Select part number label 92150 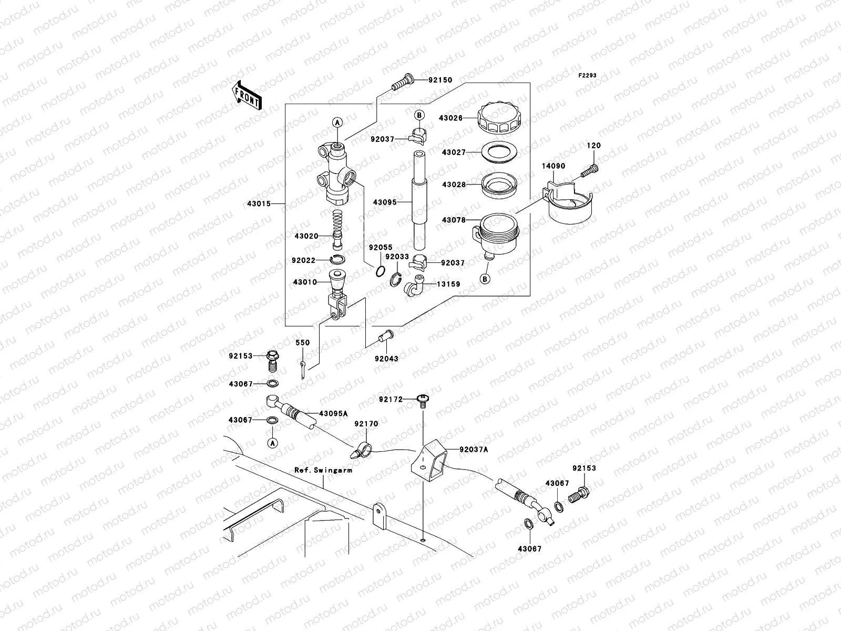440,80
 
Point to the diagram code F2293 588,76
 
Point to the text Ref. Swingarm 323,471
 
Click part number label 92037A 474,450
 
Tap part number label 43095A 334,414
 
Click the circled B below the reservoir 485,279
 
